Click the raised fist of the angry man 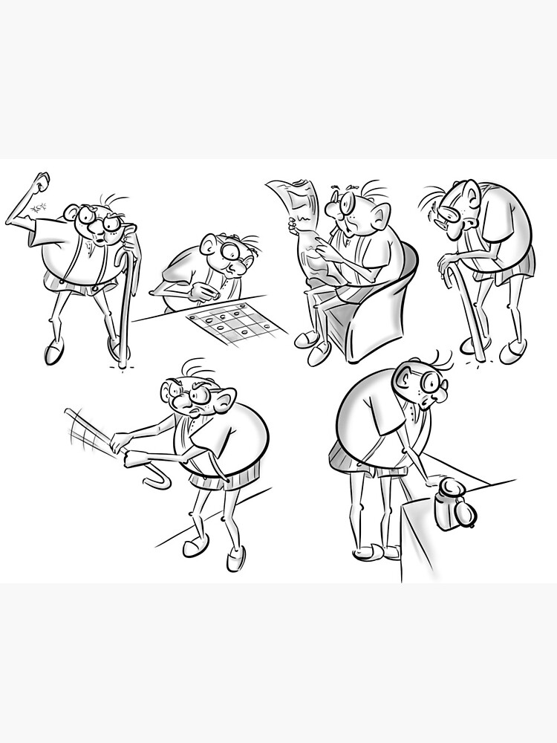41,181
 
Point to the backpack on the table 452,503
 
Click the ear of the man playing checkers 210,242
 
